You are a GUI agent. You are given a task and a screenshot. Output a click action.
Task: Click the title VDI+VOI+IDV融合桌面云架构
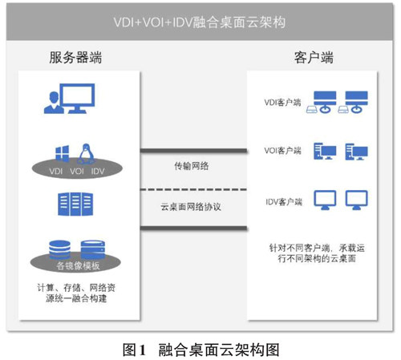[x=200, y=22]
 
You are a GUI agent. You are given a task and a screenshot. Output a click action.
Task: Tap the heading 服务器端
[x=75, y=58]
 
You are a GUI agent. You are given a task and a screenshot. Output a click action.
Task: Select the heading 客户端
[x=314, y=58]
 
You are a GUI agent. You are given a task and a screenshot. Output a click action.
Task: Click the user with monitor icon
[x=69, y=99]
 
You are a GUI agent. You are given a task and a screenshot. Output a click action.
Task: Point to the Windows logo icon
[x=62, y=153]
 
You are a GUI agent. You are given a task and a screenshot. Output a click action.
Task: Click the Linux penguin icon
[x=86, y=153]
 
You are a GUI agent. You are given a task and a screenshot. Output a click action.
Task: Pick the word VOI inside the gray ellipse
[x=77, y=171]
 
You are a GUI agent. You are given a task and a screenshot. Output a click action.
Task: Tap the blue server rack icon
[x=75, y=204]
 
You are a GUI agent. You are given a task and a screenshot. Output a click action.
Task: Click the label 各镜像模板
[x=78, y=265]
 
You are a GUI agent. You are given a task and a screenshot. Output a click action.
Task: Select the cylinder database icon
[x=59, y=249]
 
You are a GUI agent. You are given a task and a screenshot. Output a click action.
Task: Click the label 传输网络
[x=192, y=166]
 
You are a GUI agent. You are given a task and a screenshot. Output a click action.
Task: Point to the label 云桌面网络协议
[x=191, y=207]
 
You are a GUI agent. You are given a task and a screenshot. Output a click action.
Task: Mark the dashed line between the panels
[x=193, y=189]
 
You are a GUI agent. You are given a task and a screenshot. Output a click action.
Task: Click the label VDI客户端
[x=282, y=102]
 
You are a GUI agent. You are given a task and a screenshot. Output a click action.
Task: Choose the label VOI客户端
[x=282, y=151]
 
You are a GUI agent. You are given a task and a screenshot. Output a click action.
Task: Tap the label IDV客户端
[x=283, y=201]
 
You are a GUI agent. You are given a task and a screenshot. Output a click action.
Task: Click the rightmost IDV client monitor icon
[x=356, y=200]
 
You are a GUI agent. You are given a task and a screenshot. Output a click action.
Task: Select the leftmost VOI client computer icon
[x=325, y=152]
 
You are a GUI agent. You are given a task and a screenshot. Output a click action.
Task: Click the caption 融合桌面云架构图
[x=219, y=350]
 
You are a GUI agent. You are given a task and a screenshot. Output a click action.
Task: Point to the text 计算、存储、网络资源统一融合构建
[x=76, y=293]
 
